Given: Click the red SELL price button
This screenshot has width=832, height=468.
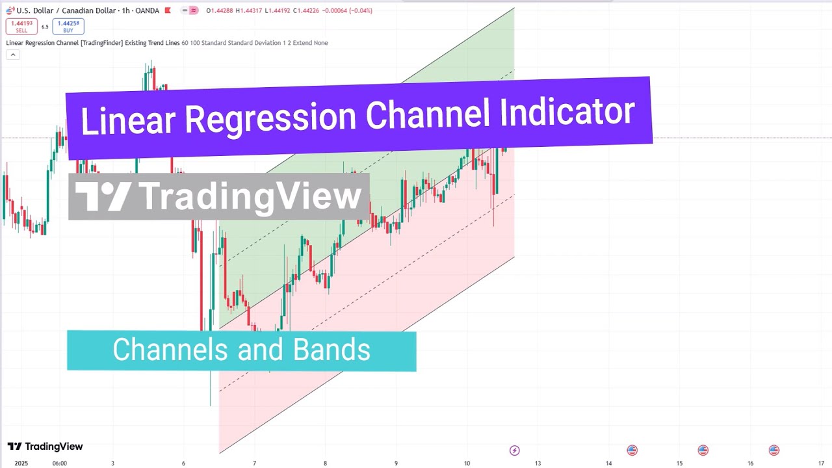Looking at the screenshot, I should pyautogui.click(x=21, y=27).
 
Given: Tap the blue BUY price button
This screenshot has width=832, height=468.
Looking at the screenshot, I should pyautogui.click(x=68, y=27).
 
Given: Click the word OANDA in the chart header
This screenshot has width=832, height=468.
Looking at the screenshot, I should pyautogui.click(x=146, y=11).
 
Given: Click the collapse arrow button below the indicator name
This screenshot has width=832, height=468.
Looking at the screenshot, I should pyautogui.click(x=12, y=55).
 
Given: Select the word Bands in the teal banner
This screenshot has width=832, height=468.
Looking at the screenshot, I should pyautogui.click(x=331, y=350).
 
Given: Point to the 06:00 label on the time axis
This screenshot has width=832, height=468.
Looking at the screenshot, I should pyautogui.click(x=59, y=463).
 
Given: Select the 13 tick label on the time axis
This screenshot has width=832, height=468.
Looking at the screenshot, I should pyautogui.click(x=538, y=463).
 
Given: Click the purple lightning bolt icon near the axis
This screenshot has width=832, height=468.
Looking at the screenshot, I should pyautogui.click(x=514, y=450).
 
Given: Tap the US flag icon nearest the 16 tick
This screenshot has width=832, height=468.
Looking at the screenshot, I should pyautogui.click(x=773, y=450).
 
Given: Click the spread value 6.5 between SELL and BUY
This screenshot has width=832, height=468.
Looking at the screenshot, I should pyautogui.click(x=45, y=27).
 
